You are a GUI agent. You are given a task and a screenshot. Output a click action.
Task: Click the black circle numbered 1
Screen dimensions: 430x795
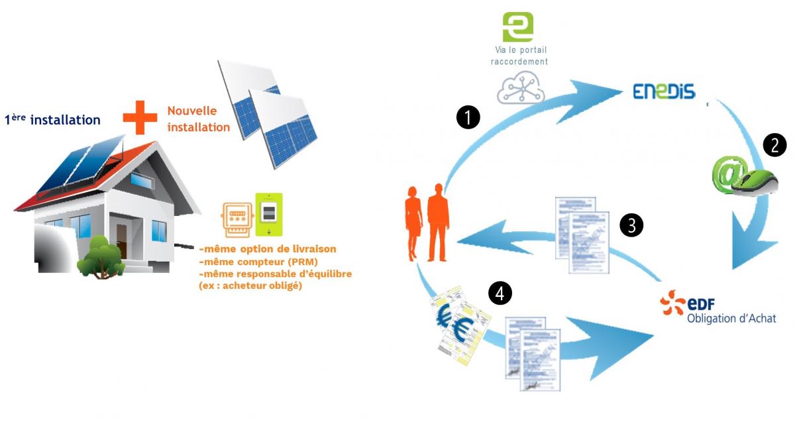(x=468, y=118)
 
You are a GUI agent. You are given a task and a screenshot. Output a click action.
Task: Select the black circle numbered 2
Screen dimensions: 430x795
(x=774, y=145)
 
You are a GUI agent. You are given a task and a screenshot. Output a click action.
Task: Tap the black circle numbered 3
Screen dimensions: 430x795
(x=631, y=225)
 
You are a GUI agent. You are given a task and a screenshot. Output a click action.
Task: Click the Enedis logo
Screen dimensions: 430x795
(x=664, y=91)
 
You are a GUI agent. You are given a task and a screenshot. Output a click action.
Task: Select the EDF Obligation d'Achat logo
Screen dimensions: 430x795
(x=717, y=309)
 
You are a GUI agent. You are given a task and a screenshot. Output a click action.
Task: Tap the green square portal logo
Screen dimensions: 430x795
(x=518, y=27)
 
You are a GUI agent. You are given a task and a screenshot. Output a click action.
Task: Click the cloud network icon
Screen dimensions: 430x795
(x=520, y=89)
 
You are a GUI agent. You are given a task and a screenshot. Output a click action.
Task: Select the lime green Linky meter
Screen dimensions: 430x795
(x=269, y=214)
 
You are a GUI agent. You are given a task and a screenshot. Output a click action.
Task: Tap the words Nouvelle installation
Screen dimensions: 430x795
(x=198, y=119)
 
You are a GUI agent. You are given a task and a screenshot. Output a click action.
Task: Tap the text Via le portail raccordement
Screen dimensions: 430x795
(x=521, y=56)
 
